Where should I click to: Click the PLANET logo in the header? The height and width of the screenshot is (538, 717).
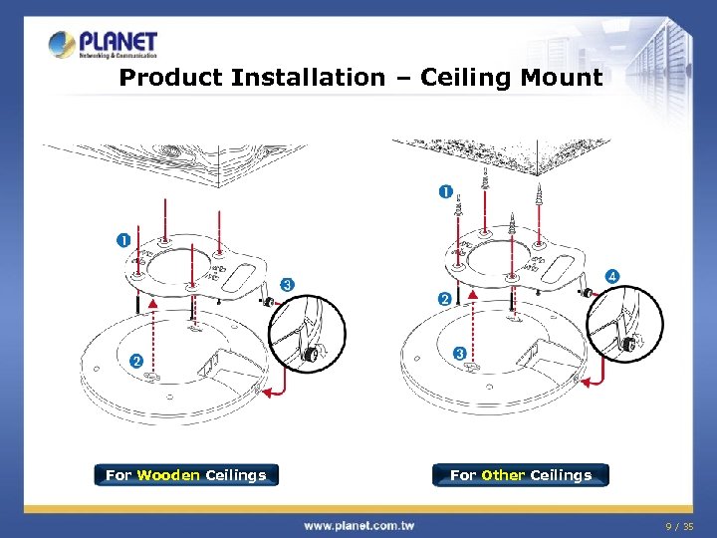click(x=104, y=45)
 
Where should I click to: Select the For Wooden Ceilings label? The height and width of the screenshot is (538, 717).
click(x=186, y=475)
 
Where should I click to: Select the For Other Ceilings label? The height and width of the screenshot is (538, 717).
click(x=520, y=475)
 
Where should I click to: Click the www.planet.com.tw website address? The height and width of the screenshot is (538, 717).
click(x=359, y=524)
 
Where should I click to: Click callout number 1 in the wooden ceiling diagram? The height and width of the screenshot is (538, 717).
click(x=122, y=240)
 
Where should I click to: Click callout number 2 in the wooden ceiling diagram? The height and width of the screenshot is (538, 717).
click(x=136, y=360)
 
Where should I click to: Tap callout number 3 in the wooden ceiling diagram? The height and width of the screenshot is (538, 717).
click(x=287, y=284)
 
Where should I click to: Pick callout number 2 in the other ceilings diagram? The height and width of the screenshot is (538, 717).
click(x=444, y=299)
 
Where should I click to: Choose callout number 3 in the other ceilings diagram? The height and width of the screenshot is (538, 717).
click(x=459, y=353)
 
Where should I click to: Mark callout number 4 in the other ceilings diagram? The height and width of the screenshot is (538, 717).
click(x=611, y=275)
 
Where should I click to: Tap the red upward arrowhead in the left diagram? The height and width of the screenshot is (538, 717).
click(x=151, y=301)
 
